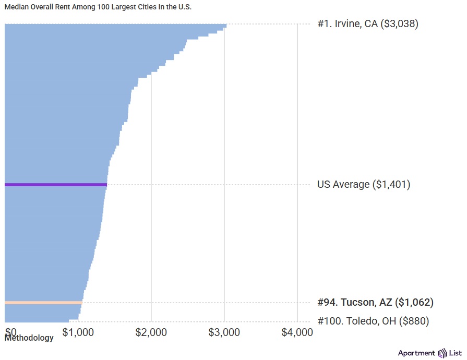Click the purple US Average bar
(55, 185)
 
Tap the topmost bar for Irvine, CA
(115, 25)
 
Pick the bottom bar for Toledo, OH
(37, 321)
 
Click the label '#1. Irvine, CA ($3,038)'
(368, 23)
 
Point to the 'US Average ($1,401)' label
(364, 185)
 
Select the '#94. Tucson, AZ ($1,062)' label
(375, 303)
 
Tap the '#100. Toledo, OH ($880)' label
(373, 321)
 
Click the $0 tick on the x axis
(11, 332)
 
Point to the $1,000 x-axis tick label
(78, 332)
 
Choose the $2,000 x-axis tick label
(151, 332)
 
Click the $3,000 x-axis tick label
(224, 332)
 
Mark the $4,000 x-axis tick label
(297, 332)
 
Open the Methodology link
(29, 338)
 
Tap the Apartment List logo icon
(443, 353)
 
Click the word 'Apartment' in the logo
(416, 353)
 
